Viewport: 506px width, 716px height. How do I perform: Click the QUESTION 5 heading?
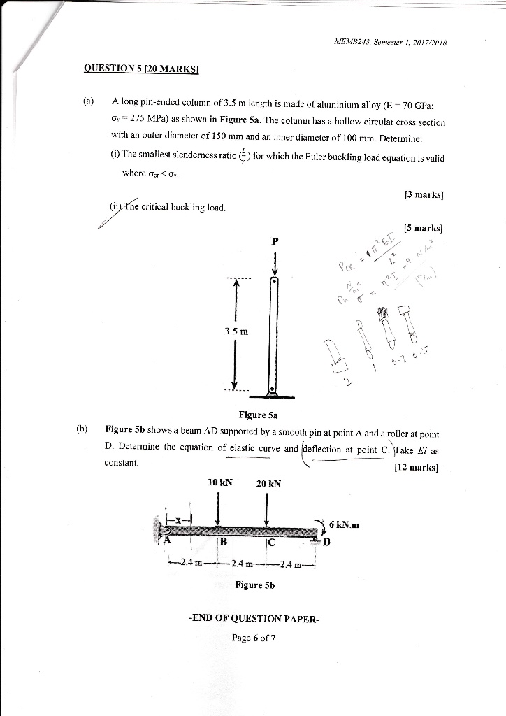coord(142,68)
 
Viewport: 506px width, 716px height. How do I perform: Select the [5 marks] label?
coord(423,227)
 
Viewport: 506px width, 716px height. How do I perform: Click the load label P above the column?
coord(275,241)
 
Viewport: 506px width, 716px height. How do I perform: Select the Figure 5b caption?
coord(255,585)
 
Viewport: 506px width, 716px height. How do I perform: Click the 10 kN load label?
coord(220,482)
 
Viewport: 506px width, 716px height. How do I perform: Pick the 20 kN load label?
coord(268,482)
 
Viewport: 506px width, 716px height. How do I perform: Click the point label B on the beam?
coord(224,542)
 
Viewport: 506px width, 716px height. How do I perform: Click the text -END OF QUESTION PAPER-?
coord(254,618)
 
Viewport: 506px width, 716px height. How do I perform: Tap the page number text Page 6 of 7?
coord(254,638)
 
